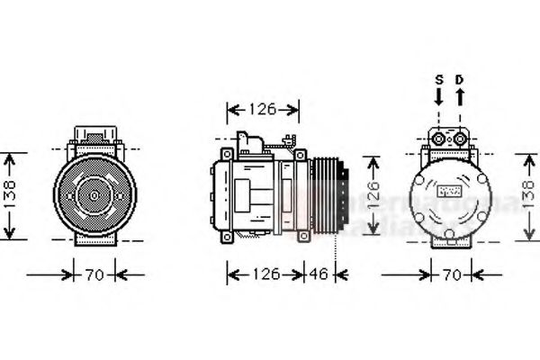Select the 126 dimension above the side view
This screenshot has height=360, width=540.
click(x=262, y=110)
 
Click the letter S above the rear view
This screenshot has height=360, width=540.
click(x=439, y=79)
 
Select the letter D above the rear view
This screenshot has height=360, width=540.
click(x=459, y=79)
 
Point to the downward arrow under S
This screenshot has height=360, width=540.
click(x=439, y=96)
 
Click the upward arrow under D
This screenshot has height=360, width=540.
click(x=459, y=96)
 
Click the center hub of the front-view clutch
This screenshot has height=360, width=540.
click(x=94, y=193)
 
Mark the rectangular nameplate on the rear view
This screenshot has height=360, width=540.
click(x=448, y=192)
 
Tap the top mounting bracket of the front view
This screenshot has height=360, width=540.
click(x=94, y=137)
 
